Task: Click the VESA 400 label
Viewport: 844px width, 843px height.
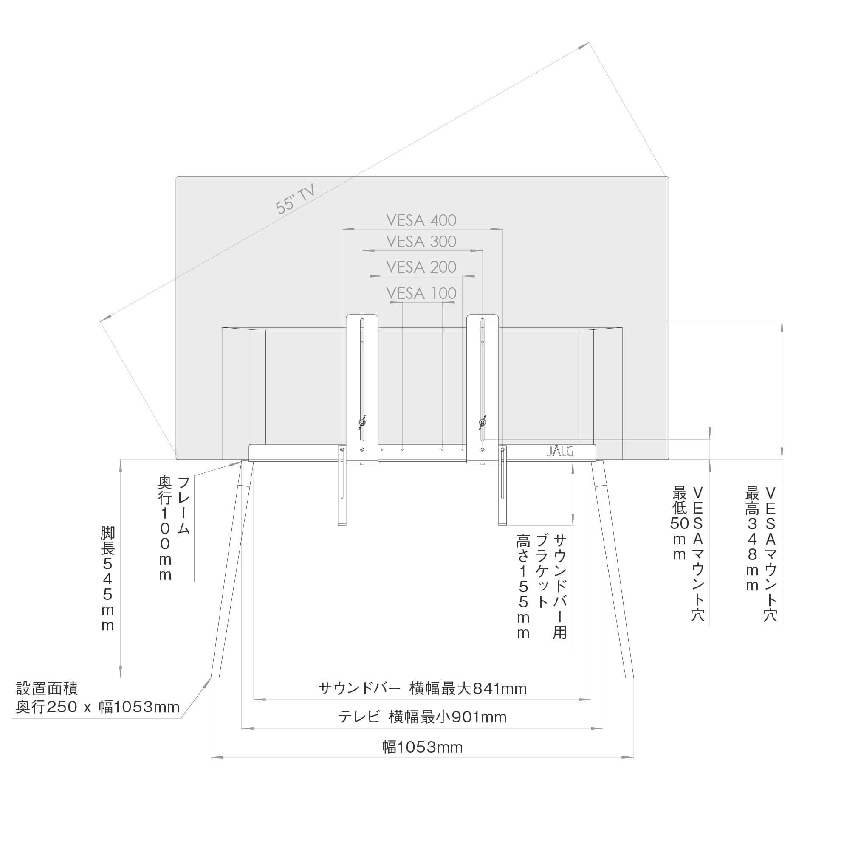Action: click(421, 220)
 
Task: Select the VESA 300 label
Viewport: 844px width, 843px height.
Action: click(421, 242)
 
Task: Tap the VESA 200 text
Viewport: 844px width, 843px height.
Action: click(421, 267)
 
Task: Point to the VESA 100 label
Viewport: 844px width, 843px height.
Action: click(421, 293)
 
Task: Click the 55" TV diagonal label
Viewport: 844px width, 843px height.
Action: click(295, 199)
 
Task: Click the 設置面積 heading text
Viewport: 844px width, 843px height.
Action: click(47, 688)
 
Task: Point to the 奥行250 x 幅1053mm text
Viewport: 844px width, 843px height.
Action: click(97, 707)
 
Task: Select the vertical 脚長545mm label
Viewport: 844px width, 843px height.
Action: click(107, 579)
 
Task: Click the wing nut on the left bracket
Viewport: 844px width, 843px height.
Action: click(362, 422)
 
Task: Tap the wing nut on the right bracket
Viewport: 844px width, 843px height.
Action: click(482, 422)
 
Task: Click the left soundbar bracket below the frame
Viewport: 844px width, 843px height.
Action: click(342, 487)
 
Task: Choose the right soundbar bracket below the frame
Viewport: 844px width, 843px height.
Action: click(502, 487)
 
